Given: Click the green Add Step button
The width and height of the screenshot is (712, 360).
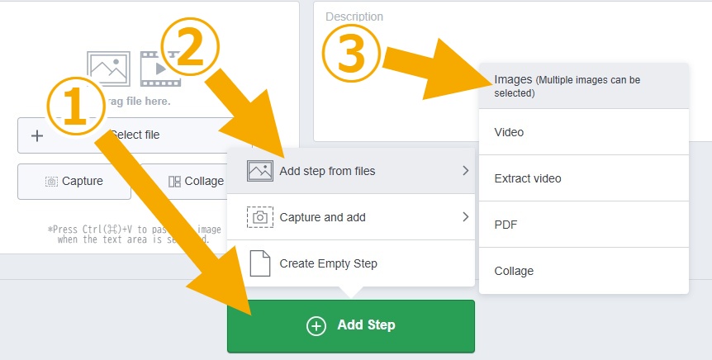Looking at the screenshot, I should coord(351,325).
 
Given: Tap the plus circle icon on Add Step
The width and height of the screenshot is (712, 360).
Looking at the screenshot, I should coord(316,325).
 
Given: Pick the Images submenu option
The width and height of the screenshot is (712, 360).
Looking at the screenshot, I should coord(583,86).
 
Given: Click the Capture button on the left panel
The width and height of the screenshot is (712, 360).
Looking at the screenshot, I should coord(74,181).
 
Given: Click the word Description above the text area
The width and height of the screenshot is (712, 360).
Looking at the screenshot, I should coord(354,17).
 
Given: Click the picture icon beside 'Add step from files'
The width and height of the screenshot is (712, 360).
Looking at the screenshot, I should coord(260,171).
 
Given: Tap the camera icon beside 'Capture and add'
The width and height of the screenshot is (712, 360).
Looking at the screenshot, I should coord(260,217).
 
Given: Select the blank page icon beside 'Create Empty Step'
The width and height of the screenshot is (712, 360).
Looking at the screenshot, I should coord(260,263).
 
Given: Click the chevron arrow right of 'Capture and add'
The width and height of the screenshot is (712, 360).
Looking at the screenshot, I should coord(466,217).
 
